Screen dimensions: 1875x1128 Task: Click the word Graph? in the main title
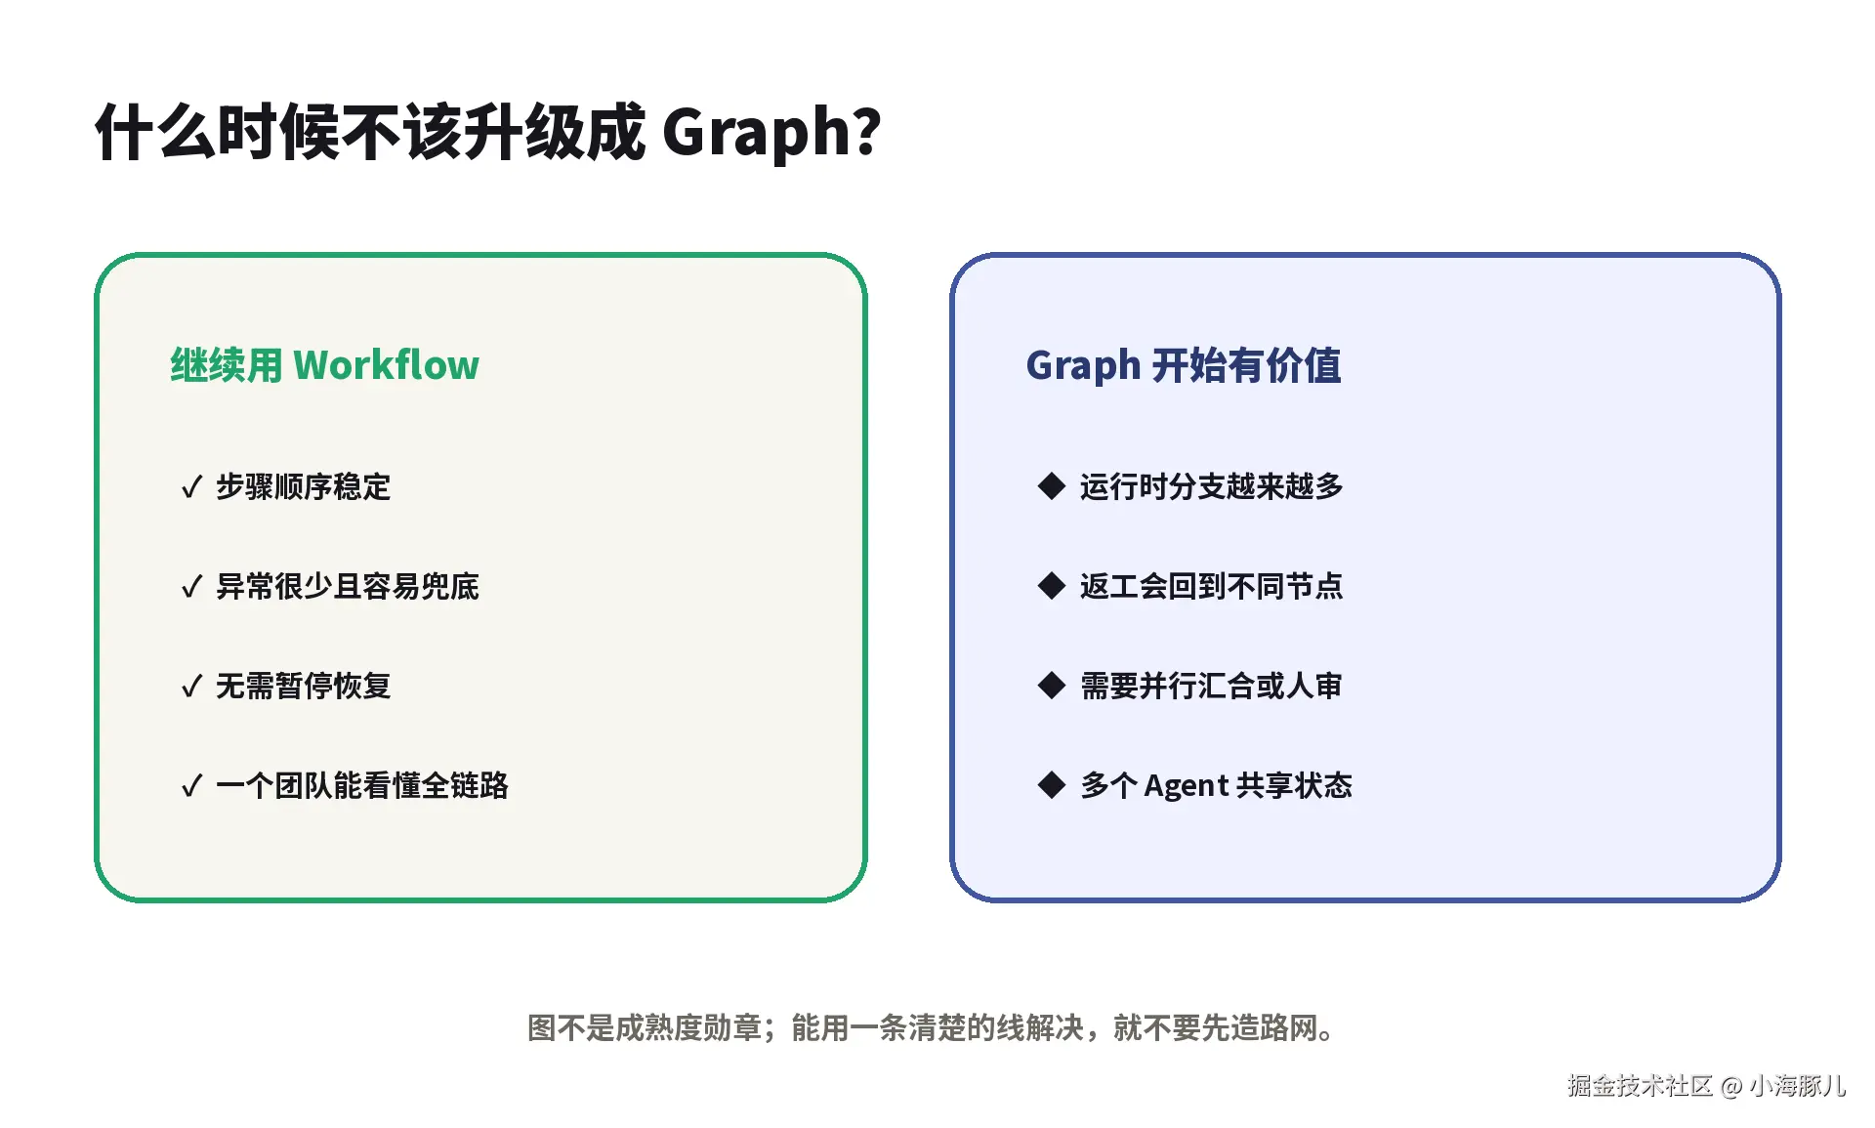(771, 133)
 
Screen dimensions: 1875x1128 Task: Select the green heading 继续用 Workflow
(325, 365)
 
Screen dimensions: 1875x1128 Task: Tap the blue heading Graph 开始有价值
(1184, 365)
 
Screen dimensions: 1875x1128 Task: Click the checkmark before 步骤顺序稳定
(191, 486)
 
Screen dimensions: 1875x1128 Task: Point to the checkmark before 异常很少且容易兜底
(191, 586)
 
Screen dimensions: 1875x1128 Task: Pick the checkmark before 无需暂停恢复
(191, 686)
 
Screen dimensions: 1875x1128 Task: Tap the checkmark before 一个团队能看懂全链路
(191, 785)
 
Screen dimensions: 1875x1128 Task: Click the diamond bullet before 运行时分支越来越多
(1052, 485)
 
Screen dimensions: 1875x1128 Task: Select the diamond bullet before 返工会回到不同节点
(1052, 585)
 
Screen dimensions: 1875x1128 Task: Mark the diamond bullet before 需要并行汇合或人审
(1052, 685)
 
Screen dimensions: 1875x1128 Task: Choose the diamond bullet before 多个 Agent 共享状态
(1052, 784)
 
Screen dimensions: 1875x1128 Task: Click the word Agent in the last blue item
(1187, 786)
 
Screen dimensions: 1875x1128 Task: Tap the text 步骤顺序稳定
(304, 486)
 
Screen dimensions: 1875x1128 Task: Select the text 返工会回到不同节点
(1212, 586)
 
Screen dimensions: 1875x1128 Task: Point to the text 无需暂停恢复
(304, 686)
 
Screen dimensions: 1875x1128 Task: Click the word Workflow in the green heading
(387, 365)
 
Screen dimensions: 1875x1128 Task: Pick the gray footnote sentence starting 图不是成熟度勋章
(932, 1027)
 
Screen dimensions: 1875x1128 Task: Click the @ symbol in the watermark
(1731, 1086)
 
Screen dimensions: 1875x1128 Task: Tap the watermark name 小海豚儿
(1798, 1085)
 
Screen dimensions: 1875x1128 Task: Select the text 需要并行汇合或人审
(1212, 686)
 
